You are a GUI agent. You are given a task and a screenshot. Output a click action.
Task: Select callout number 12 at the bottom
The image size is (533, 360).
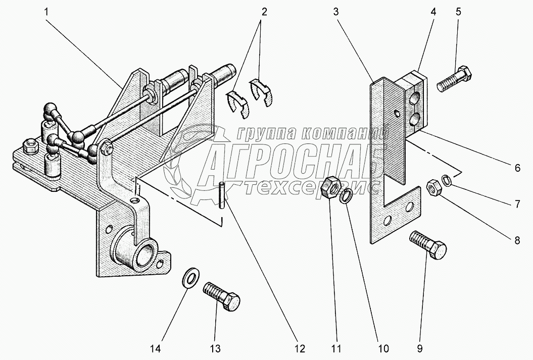[300, 348]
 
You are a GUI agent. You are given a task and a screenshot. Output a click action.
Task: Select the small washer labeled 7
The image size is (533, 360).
[446, 179]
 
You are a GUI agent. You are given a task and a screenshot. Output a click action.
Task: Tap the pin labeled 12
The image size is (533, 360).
[222, 194]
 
